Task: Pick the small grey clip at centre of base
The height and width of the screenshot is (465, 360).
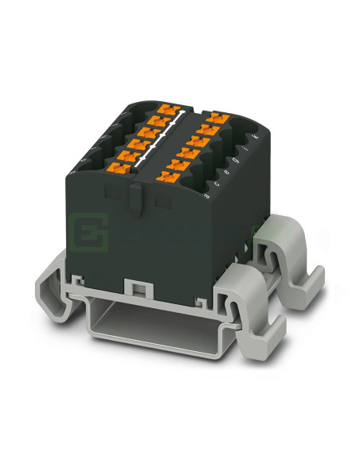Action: (136, 287)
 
